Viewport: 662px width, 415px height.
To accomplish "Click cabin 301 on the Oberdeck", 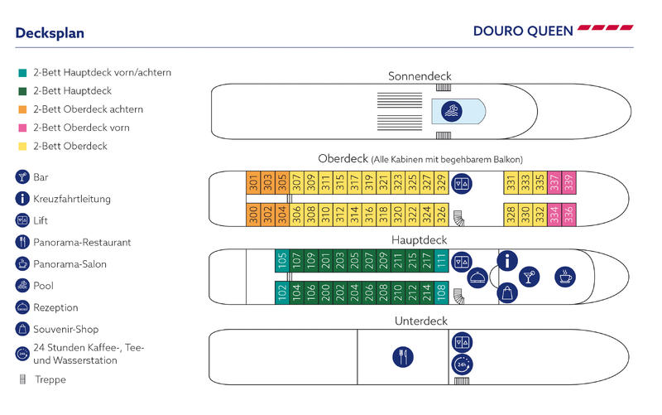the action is [253, 182].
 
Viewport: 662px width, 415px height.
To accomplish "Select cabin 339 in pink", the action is [568, 182].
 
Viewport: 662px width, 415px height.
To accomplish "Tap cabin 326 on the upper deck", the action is [441, 215].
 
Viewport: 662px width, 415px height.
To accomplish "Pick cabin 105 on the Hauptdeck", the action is [282, 261].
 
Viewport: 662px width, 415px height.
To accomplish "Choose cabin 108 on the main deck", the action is [441, 292].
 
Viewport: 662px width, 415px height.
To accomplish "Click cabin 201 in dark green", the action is [325, 261].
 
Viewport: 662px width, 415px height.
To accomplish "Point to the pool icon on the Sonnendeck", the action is [451, 111].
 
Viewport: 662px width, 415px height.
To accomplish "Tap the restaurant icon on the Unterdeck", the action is [403, 357].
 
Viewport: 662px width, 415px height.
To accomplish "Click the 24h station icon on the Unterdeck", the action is [462, 364].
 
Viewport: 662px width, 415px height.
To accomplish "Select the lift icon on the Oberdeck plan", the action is [462, 184].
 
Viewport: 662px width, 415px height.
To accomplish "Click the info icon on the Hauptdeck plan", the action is [507, 260].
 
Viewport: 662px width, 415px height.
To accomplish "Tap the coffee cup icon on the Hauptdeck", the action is [565, 277].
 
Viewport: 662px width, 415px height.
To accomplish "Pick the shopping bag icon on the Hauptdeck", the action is [507, 292].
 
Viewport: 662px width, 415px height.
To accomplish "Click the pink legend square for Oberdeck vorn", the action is [23, 128].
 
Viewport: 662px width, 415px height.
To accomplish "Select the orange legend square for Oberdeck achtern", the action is [23, 109].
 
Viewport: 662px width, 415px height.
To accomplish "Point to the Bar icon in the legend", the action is [22, 177].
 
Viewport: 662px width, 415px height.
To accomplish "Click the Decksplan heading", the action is [50, 33].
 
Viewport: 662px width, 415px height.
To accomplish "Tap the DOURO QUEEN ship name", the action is [523, 31].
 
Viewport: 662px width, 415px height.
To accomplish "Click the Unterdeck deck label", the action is [421, 321].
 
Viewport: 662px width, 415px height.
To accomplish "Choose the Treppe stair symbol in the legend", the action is [23, 379].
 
